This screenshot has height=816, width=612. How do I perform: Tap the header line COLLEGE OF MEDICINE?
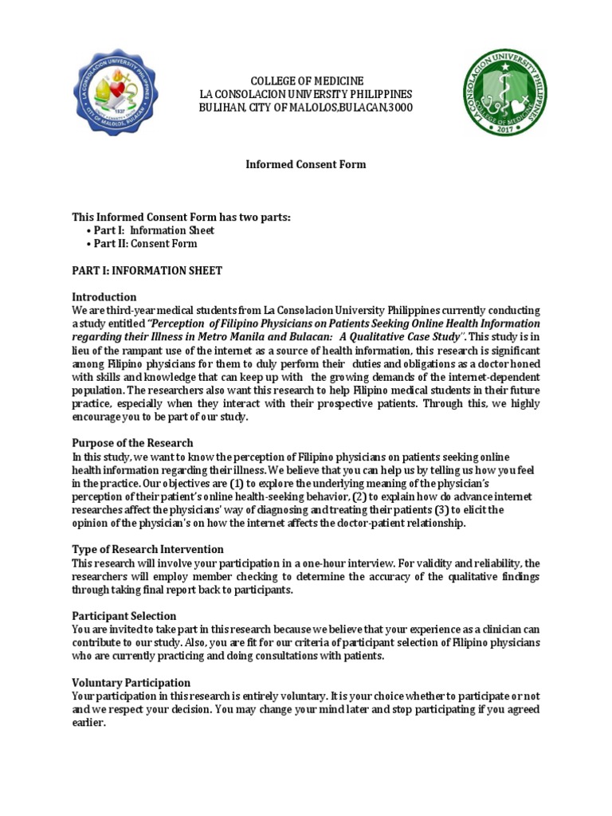(307, 81)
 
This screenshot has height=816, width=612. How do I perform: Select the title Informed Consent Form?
(305, 164)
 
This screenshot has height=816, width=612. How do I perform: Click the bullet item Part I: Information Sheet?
(154, 230)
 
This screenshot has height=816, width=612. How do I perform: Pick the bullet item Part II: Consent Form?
(145, 244)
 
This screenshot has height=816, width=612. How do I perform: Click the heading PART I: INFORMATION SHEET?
(147, 270)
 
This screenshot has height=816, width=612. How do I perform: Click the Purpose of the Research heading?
(132, 442)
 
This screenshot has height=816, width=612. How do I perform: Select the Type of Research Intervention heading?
(147, 549)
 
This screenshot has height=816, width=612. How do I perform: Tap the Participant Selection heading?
(124, 616)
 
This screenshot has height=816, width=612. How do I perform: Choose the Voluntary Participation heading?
(131, 682)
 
